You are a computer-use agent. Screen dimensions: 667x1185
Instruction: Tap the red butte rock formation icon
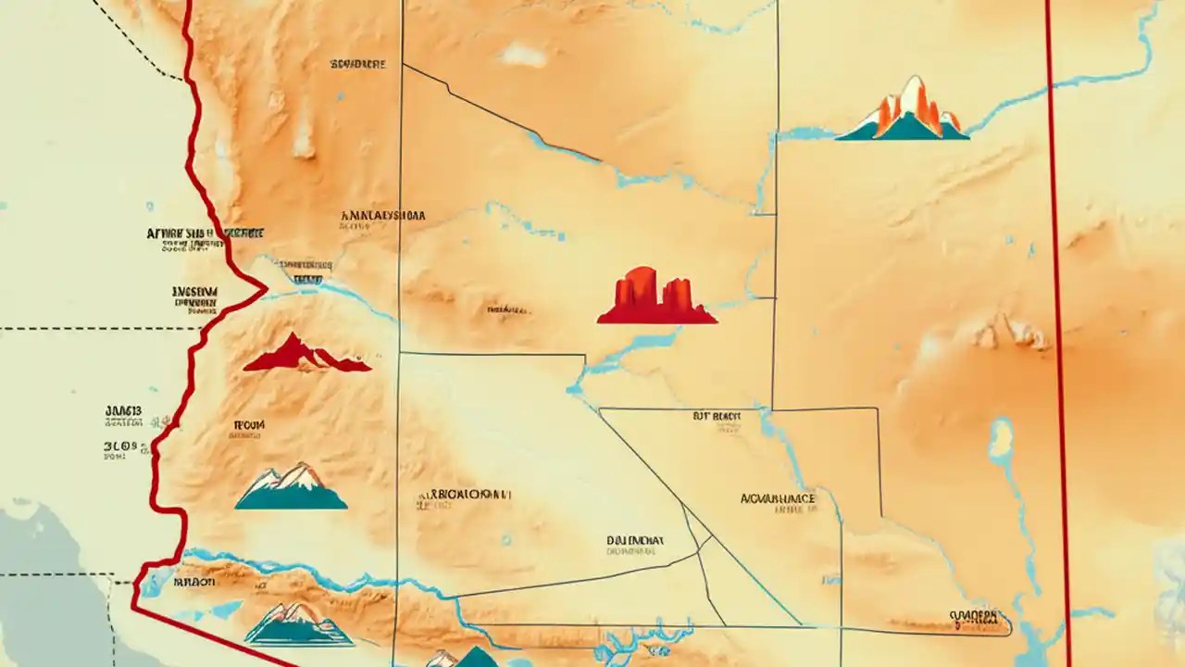point(656,298)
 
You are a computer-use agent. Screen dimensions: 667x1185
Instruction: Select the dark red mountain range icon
point(306,356)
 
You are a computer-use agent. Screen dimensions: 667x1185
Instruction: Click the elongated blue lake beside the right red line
point(1000,441)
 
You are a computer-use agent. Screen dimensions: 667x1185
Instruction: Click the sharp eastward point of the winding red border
point(266,290)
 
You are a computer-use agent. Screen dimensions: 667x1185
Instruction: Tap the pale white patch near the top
point(524,56)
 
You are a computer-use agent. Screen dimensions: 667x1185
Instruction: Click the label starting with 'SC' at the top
point(357,65)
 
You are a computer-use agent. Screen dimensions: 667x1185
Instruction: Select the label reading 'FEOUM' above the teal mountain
point(247,425)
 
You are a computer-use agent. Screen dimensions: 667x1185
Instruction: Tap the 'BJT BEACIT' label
point(717,418)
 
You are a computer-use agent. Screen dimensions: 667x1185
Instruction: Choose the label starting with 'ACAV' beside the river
point(778,498)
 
